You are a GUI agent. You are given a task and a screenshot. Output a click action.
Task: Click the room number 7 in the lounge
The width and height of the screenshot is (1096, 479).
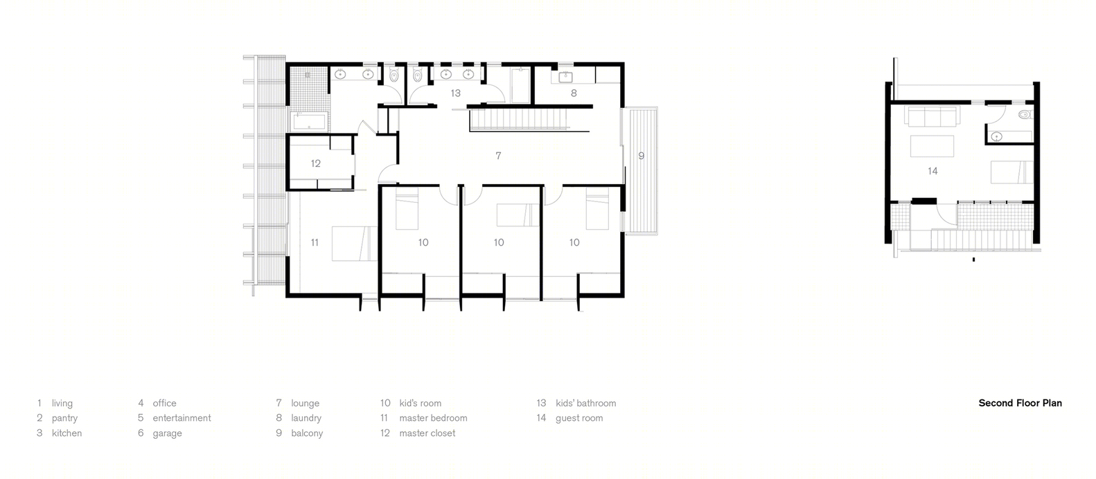click(x=498, y=156)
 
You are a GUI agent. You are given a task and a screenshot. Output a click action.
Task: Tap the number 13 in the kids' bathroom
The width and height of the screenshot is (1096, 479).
click(x=456, y=93)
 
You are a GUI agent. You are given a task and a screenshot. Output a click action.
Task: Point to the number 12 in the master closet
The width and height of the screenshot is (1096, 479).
click(x=316, y=163)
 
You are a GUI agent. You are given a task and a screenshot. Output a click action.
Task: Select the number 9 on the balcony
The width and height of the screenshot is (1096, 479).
click(x=641, y=156)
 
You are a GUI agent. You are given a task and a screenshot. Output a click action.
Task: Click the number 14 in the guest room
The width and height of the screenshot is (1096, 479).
click(x=933, y=171)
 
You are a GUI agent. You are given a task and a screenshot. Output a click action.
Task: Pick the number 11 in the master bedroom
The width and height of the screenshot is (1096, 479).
click(x=315, y=242)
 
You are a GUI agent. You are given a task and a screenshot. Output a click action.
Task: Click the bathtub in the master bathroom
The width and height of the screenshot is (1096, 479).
click(x=309, y=121)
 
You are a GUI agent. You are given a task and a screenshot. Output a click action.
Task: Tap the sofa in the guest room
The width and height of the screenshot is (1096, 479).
click(x=932, y=116)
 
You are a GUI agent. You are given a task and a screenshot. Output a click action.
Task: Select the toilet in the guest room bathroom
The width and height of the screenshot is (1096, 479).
click(x=1025, y=115)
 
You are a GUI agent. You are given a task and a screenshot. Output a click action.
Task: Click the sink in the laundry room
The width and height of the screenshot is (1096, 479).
click(x=565, y=77)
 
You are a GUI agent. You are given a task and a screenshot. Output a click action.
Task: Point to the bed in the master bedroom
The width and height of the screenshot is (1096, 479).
click(x=355, y=244)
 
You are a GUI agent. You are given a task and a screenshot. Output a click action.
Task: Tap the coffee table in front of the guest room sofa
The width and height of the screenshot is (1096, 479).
click(x=932, y=146)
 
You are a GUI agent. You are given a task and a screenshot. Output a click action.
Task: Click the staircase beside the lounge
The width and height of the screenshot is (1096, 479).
click(x=518, y=120)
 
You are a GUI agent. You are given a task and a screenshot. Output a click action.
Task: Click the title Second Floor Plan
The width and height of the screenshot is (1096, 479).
click(x=1020, y=404)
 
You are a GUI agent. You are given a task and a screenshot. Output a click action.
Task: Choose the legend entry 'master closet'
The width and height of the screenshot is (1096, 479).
click(x=427, y=433)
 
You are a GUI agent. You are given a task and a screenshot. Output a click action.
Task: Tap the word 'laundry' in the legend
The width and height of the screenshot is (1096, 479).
click(x=306, y=418)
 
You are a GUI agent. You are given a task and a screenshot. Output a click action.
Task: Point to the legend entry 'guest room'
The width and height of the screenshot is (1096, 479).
click(x=579, y=418)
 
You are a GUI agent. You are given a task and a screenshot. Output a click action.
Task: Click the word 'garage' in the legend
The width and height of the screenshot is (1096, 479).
click(x=168, y=433)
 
